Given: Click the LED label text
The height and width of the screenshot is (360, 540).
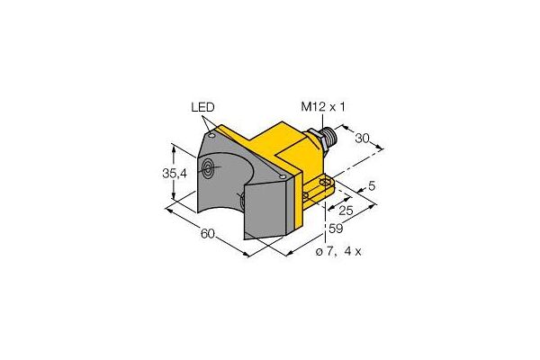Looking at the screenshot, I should point(203,107).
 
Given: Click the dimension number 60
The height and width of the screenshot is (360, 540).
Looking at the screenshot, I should point(207,236).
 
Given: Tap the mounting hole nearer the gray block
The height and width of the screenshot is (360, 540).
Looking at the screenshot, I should point(311,193).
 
